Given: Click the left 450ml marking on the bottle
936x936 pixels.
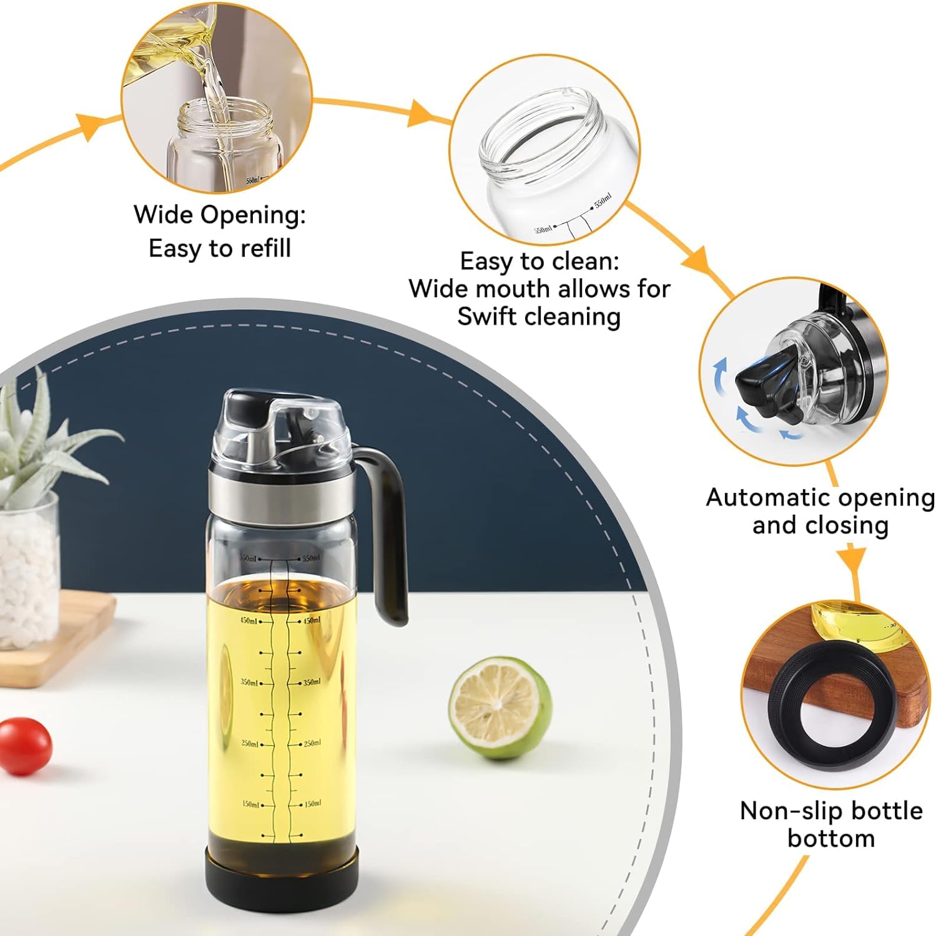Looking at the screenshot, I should tap(250, 621).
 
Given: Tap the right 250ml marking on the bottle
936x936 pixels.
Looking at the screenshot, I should tap(312, 744).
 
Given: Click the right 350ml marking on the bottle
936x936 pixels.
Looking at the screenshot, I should tap(312, 683).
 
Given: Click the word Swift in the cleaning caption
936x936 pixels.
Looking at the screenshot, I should tap(490, 316).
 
